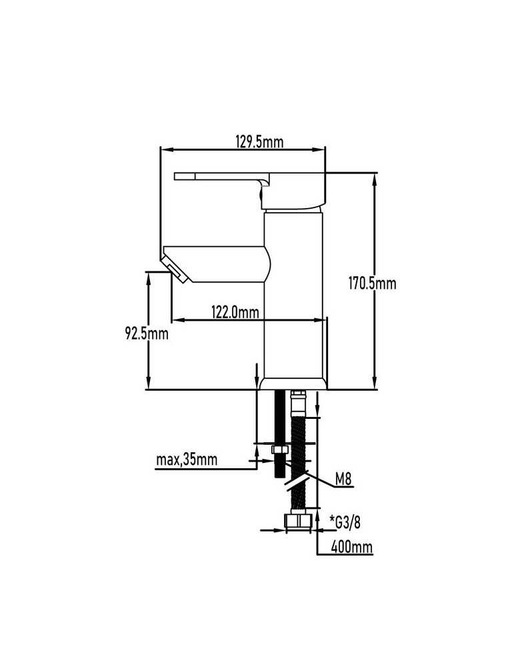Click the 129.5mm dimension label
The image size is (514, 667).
click(x=259, y=141)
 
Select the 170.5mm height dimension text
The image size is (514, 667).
click(x=372, y=283)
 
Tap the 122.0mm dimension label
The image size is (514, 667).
click(x=235, y=312)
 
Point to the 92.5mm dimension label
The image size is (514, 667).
click(x=147, y=333)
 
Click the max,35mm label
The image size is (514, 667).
click(x=187, y=460)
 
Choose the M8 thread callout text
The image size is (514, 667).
click(x=343, y=480)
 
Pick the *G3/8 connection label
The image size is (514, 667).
click(x=345, y=522)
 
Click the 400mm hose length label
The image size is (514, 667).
click(x=351, y=547)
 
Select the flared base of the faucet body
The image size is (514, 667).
click(x=293, y=384)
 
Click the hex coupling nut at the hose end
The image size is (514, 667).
click(x=297, y=521)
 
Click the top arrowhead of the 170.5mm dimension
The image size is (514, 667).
click(x=375, y=179)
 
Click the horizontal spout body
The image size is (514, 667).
click(x=217, y=263)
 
